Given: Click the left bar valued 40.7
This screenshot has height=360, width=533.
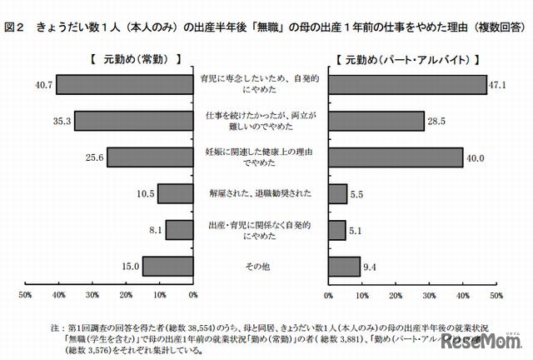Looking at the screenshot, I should point(126,85).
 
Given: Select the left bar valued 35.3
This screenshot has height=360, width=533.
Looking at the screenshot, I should point(134,121).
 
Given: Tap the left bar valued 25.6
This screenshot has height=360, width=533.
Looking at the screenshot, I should point(151,157).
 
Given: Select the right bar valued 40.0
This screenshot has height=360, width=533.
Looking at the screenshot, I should point(396,157).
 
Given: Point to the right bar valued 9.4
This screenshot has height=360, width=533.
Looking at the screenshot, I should point(345,266).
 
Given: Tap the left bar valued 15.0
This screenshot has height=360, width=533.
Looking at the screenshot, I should point(168,266).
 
